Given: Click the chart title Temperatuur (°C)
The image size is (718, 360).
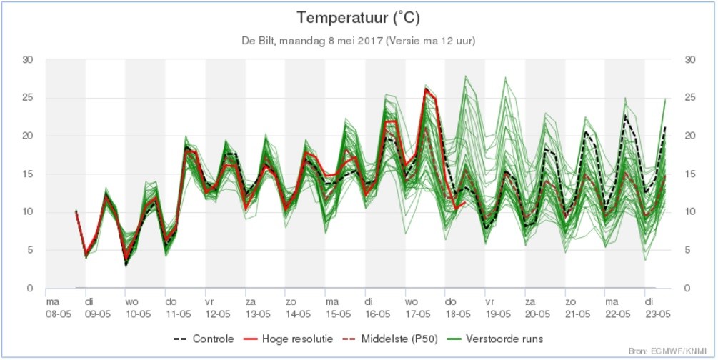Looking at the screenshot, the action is pos(358,19).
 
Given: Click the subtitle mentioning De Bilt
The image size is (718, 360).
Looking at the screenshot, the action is pos(359,41).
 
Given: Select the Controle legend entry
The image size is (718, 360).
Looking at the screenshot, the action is pos(204,339).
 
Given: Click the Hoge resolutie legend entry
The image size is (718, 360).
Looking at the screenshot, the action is pos(288,339).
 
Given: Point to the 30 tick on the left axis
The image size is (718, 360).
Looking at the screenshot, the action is pos(28,60).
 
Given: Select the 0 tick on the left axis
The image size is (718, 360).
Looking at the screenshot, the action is pos(30,288).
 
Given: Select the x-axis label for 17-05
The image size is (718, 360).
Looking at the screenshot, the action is pos(419,314).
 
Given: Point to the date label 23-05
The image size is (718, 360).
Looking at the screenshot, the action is pos(657,314).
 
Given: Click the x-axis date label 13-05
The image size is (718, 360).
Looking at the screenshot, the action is pos(258,314).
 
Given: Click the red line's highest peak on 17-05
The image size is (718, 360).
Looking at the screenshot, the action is pos(426,89).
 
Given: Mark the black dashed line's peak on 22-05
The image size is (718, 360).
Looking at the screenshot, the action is pos(624,116).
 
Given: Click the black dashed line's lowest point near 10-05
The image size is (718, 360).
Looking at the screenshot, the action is pos(126,265).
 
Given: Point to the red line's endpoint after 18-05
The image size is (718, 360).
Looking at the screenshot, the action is pos(465,202).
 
